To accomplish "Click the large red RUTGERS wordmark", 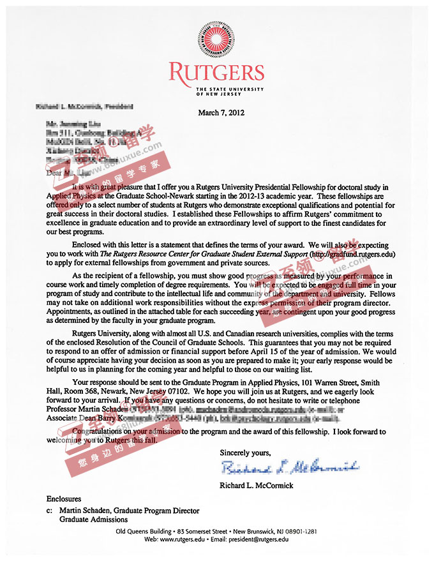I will (x=216, y=72).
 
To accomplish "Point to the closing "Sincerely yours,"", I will (x=245, y=452).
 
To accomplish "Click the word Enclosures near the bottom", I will (x=64, y=498).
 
